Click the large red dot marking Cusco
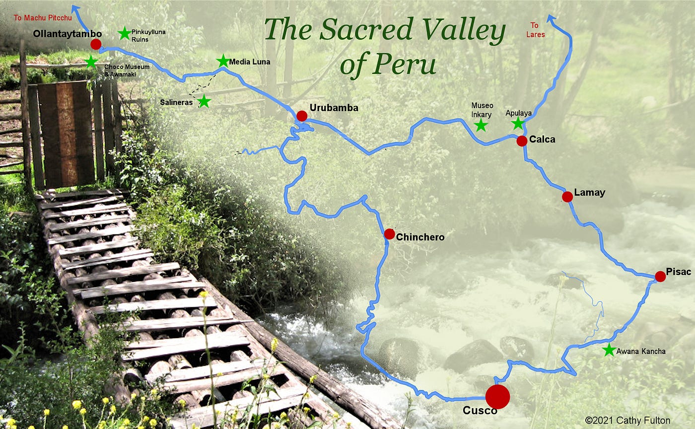pos(497,396)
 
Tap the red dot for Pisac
pos(660,276)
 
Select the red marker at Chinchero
pos(389,234)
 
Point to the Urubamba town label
pos(334,108)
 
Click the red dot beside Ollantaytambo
pos(96,44)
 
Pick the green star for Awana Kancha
pos(608,350)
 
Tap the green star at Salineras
pos(204,101)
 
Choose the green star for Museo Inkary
pos(480,125)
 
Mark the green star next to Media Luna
pos(223,61)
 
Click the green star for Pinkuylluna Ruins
pos(124,34)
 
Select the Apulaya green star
pos(518,123)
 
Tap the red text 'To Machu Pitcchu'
pos(42,18)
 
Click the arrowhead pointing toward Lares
pos(551,18)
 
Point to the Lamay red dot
pos(567,197)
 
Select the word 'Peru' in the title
pos(405,64)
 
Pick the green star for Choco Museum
pos(91,62)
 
